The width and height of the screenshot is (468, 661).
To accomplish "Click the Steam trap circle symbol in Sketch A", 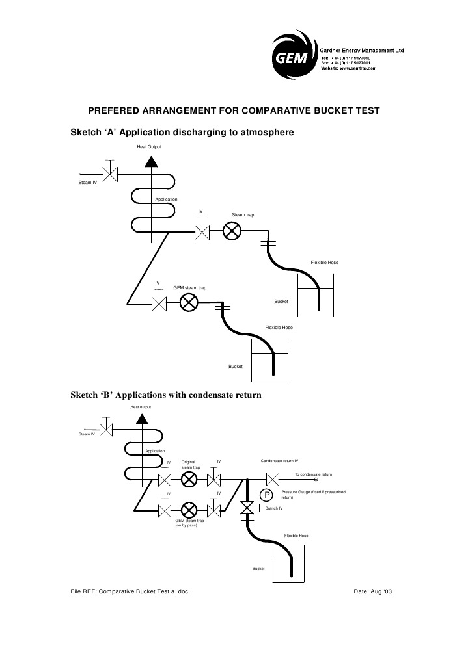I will pos(232,231).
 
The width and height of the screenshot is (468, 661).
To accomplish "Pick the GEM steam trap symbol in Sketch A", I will pos(189,303).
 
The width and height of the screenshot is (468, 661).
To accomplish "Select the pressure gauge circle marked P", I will pos(267,495).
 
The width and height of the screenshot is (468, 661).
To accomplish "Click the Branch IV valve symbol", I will pos(247,508).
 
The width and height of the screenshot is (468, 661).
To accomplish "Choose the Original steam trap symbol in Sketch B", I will pos(189,480).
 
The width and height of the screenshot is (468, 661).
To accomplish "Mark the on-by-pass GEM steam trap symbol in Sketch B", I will pos(189,508).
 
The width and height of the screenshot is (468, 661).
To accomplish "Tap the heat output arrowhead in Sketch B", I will pos(141,417).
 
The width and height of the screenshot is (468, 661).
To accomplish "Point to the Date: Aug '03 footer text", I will pos(372,592).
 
